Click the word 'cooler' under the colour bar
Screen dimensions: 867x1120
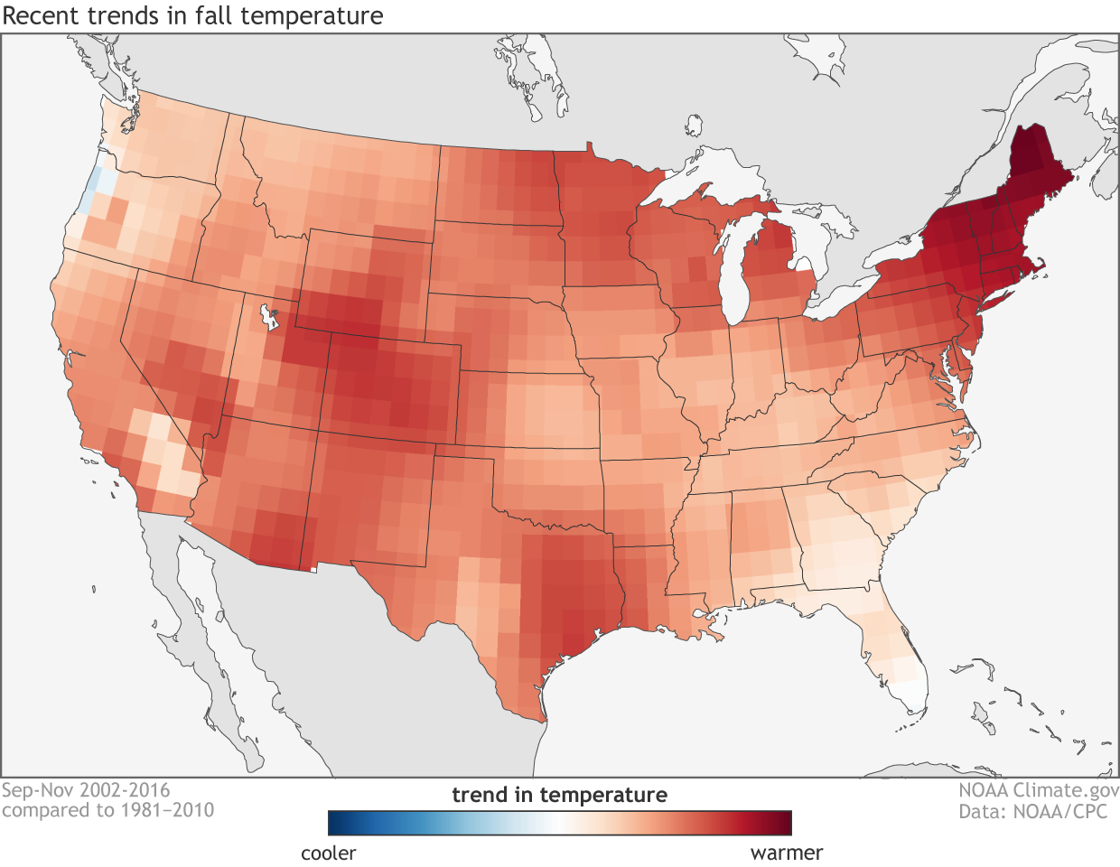pos(329,853)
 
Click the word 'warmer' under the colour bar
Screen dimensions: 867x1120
pos(787,853)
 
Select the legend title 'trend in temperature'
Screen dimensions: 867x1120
pos(559,795)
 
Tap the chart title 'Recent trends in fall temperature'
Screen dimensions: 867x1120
pos(192,16)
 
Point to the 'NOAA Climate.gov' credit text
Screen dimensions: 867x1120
pos(1039,791)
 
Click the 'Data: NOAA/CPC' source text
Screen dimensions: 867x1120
pos(1032,811)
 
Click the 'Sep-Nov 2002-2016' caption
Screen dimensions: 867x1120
pos(86,791)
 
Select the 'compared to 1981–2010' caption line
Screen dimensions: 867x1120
pos(107,810)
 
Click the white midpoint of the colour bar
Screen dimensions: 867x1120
pos(560,823)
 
